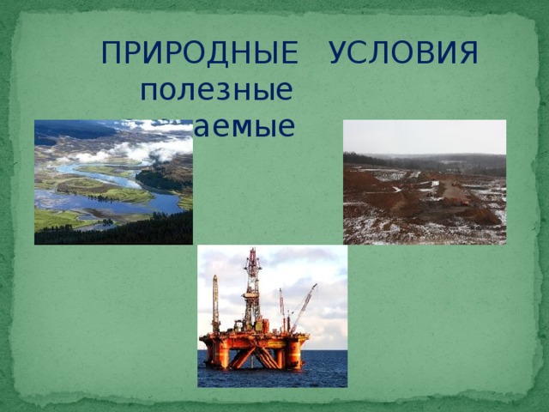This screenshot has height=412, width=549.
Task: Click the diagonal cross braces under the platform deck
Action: [253, 355]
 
